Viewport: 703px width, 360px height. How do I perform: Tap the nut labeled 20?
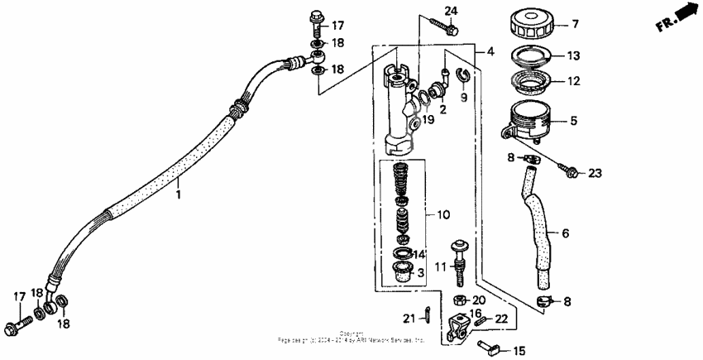[x=457, y=300]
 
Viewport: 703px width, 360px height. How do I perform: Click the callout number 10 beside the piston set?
[x=443, y=215]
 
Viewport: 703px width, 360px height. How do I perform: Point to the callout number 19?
[x=428, y=121]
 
